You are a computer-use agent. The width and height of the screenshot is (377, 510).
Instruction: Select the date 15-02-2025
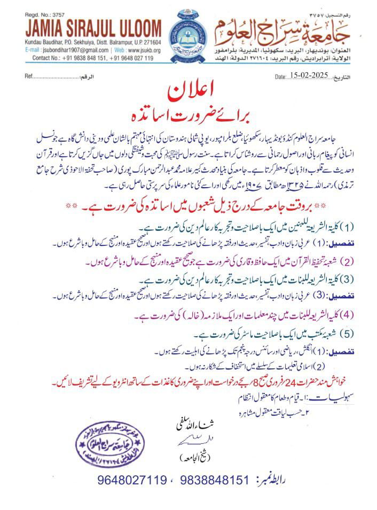(x=310, y=77)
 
